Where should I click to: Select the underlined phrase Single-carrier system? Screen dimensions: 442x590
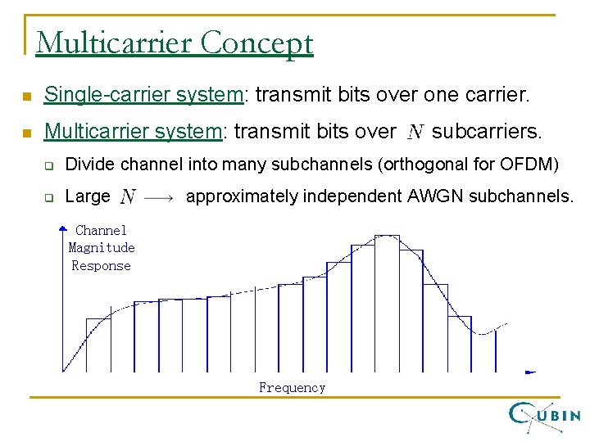[x=144, y=95]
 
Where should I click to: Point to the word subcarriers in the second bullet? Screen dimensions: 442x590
[x=487, y=131]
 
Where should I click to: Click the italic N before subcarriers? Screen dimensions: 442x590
[x=415, y=132]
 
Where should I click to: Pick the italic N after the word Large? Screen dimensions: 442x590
[x=128, y=196]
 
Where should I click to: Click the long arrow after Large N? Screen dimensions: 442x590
[x=159, y=197]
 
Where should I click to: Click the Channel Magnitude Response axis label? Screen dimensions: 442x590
[x=101, y=248]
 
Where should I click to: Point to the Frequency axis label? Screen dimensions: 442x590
[x=292, y=388]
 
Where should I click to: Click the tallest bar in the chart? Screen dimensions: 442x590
[x=387, y=303]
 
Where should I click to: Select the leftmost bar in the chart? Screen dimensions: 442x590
[x=98, y=345]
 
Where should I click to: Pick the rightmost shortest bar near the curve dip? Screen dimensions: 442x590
[x=459, y=344]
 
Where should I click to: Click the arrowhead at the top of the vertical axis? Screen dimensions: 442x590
[x=63, y=233]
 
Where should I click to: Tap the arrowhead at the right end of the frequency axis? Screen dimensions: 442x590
[x=530, y=372]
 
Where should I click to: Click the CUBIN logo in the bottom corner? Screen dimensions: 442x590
[x=545, y=416]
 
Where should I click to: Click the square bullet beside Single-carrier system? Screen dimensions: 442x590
[x=26, y=97]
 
